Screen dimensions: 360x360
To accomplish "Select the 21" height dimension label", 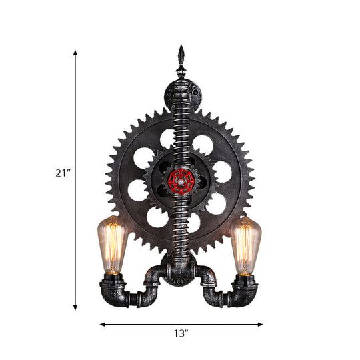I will point(62,173).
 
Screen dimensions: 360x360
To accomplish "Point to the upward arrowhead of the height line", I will point(75,53).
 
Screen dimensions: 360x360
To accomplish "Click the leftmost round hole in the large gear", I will point(137,191).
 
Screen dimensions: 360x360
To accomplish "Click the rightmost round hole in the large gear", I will point(222,172).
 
